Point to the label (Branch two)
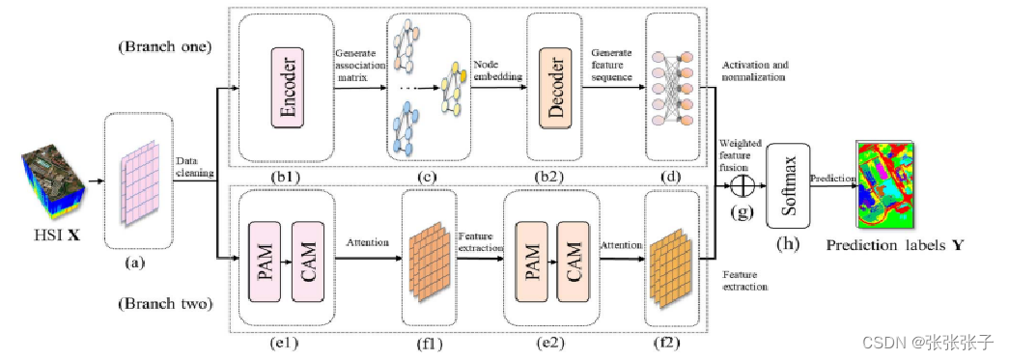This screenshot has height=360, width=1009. [158, 304]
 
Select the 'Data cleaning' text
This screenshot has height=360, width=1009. [194, 169]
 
